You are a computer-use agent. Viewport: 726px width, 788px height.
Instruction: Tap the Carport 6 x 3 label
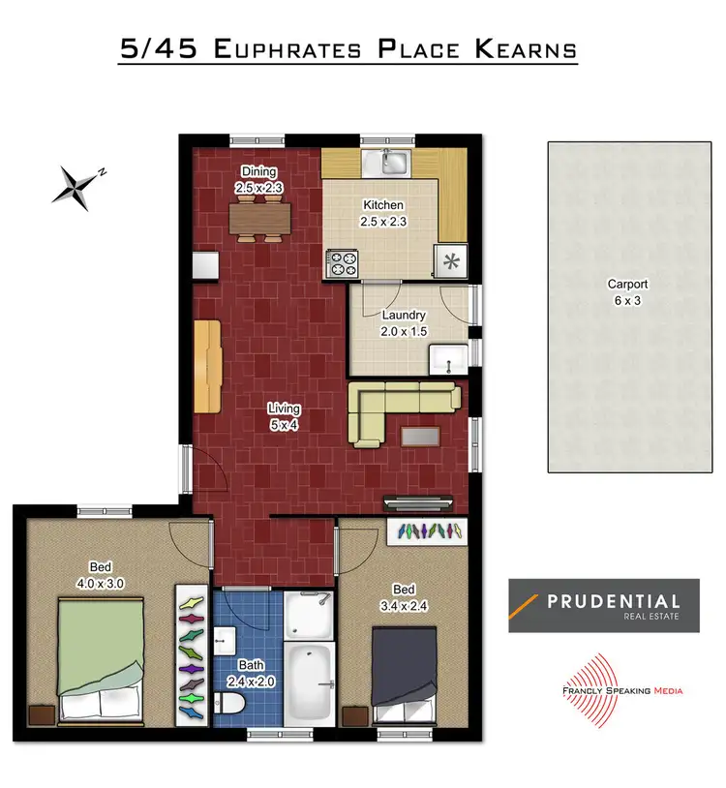pos(627,292)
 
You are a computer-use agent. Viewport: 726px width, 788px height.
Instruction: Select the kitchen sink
pos(394,162)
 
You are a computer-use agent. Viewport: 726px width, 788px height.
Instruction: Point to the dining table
pos(260,219)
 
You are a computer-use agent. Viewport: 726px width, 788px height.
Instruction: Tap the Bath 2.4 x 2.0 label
pos(251,673)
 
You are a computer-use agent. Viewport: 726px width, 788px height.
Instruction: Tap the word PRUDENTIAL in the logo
pos(614,600)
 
